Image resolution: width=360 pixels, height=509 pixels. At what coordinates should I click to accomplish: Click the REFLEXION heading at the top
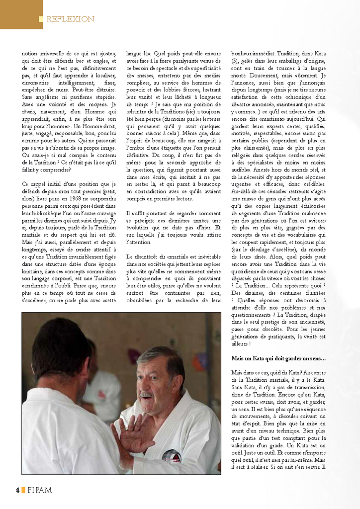click(70, 19)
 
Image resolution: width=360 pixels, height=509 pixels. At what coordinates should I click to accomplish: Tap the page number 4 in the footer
click(17, 490)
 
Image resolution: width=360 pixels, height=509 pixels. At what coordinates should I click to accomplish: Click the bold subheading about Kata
click(278, 358)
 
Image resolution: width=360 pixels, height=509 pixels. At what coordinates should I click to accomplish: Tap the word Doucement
click(243, 76)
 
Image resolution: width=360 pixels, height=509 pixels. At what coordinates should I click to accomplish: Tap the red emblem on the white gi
click(172, 455)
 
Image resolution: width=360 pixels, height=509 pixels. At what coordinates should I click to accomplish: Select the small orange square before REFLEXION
click(41, 19)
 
